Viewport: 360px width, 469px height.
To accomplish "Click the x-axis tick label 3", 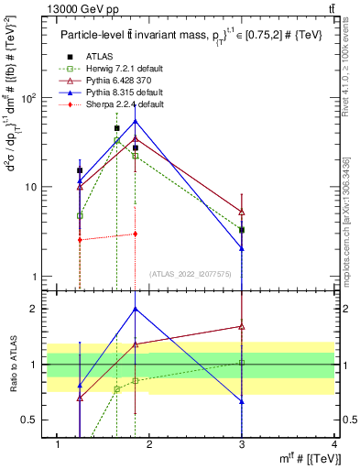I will click(x=242, y=444).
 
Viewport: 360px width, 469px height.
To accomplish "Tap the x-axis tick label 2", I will click(x=149, y=444).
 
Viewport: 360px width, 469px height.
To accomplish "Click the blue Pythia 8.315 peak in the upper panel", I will click(x=136, y=121).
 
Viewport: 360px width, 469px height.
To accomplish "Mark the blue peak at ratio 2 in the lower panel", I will click(x=136, y=309).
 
